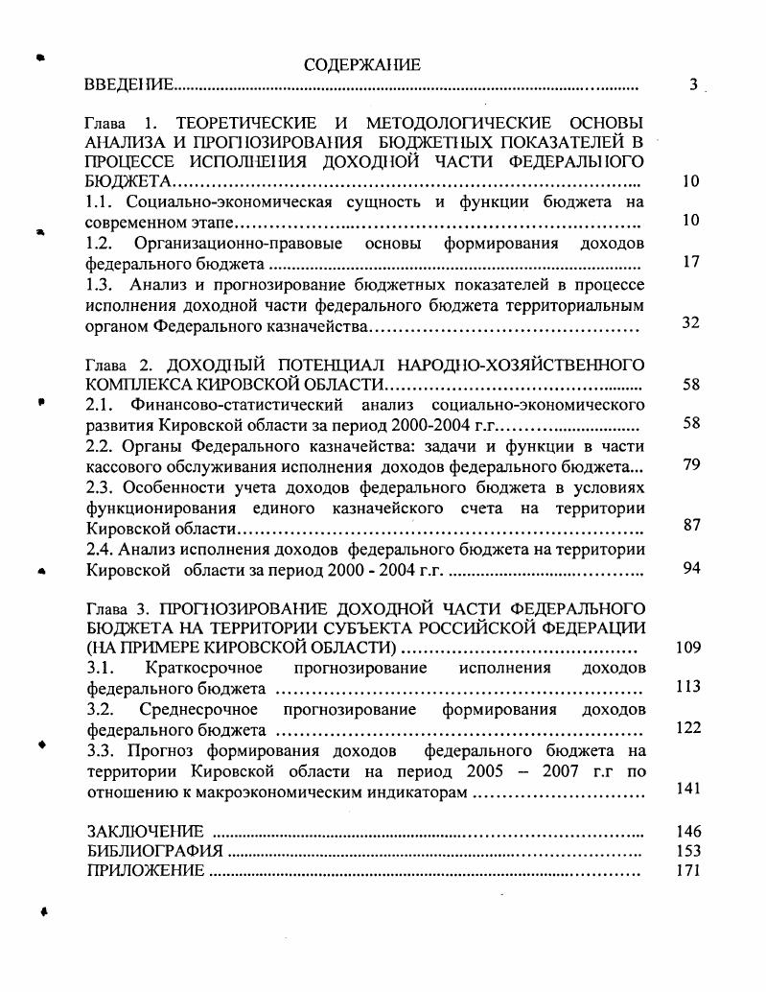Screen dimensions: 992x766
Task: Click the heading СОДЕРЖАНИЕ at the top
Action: pos(361,64)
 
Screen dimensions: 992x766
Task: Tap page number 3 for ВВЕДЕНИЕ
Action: pos(693,84)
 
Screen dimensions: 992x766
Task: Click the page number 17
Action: pos(691,261)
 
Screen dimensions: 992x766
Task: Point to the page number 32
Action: pos(690,323)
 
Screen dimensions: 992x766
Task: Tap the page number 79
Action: pos(690,465)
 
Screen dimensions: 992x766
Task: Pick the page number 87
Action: pos(690,527)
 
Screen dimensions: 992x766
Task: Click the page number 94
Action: pos(690,568)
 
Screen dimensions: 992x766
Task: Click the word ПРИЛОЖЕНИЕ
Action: pos(146,871)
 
